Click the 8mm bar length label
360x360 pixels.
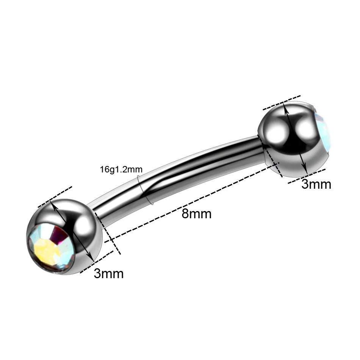tap(196, 214)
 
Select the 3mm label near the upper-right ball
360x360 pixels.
tap(316, 185)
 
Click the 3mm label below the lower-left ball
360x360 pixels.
tap(109, 274)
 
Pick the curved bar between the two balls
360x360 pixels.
tap(178, 174)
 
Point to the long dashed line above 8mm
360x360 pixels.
tap(193, 201)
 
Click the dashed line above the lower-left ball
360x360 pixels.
tap(55, 197)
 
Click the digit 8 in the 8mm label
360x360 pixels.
tap(185, 214)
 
